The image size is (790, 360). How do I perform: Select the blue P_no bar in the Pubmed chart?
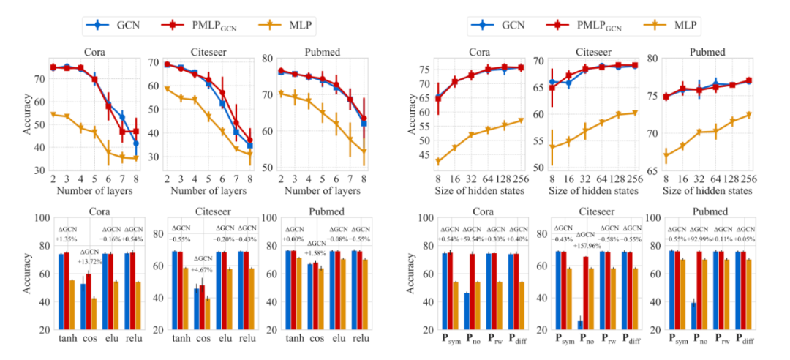693,315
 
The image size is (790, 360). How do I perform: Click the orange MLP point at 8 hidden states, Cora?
437,161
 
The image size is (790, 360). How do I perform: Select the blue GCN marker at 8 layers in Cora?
136,143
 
